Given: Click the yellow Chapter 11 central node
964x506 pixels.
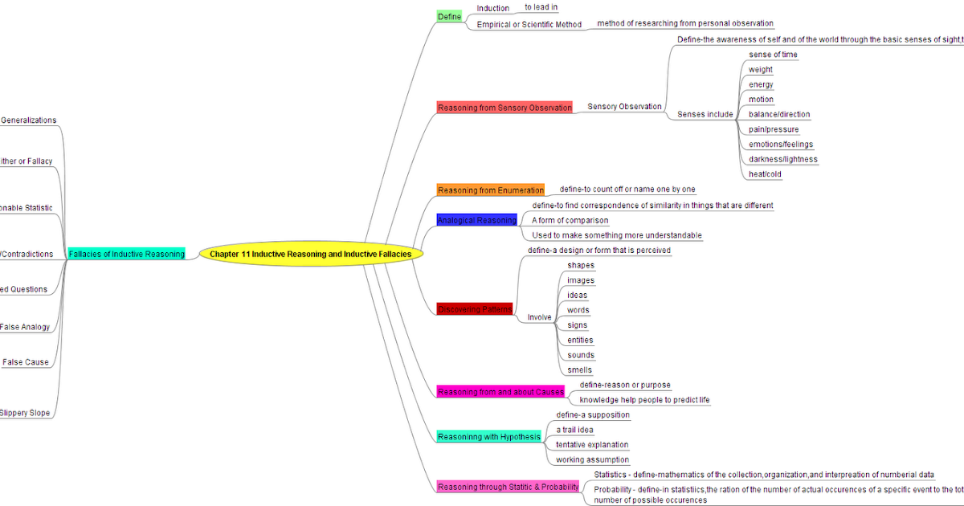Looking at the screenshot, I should [310, 254].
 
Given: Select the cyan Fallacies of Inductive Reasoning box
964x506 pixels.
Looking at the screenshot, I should [127, 254].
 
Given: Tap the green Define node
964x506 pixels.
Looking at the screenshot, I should [450, 16].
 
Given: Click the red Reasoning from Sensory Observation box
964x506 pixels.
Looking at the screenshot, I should [504, 107].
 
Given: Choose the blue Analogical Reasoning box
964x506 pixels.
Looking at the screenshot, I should [476, 220].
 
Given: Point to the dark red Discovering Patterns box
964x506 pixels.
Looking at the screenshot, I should [474, 309].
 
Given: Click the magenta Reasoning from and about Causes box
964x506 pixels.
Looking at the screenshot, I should [500, 392].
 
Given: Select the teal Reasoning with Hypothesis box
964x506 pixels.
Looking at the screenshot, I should [488, 437].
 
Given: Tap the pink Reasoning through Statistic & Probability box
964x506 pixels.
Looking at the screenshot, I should [508, 487].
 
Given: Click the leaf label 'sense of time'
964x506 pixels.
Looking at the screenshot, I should [773, 55].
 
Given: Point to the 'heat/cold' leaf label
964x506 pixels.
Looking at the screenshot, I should [765, 173].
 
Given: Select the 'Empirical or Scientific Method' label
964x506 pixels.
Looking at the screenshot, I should [529, 24].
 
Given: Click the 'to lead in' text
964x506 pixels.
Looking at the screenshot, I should [541, 7].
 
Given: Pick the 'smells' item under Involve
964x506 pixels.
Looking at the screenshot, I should [579, 370].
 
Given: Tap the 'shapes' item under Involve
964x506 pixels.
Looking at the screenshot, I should [581, 265].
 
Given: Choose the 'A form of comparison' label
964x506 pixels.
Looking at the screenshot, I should [570, 220].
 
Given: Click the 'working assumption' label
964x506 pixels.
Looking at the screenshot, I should [592, 460].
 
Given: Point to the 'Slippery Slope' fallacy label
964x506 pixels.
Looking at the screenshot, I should [25, 413].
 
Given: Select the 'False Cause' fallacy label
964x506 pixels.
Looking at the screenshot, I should [25, 362].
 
